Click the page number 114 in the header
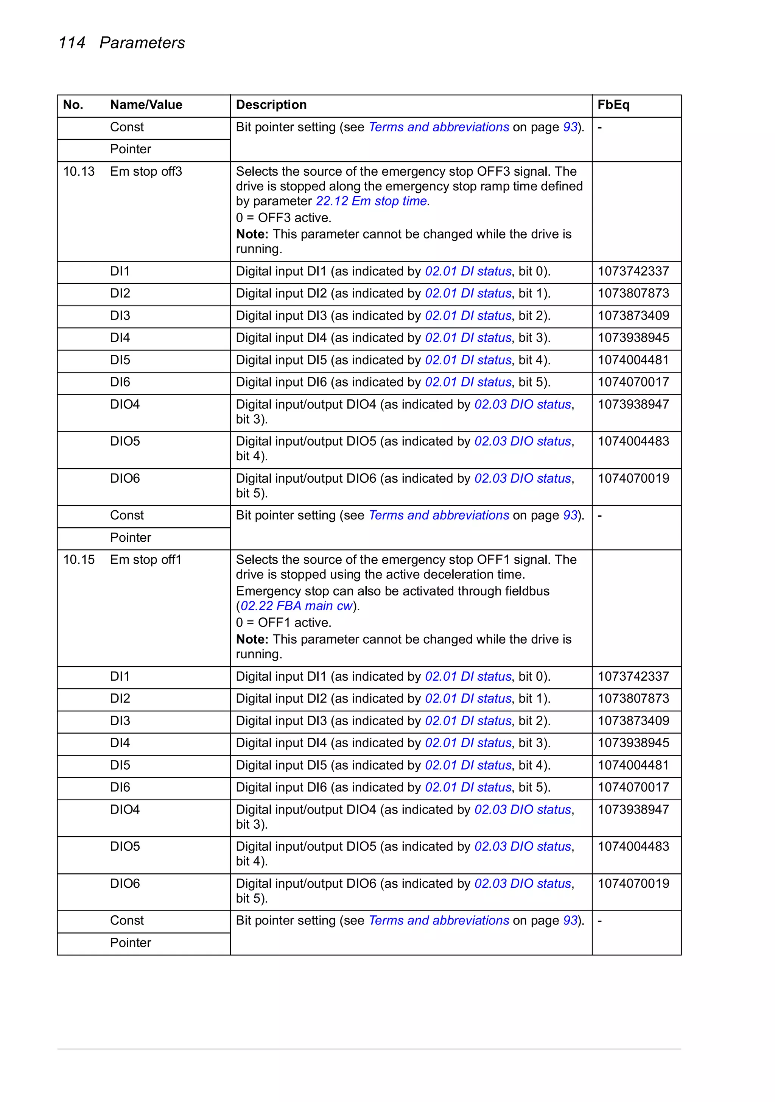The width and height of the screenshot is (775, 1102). click(72, 43)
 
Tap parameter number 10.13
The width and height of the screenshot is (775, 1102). click(79, 171)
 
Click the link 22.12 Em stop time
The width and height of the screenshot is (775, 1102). click(371, 201)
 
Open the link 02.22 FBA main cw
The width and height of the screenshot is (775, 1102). click(296, 606)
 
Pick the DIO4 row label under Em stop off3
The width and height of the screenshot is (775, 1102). click(125, 405)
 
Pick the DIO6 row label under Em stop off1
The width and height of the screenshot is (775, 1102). click(125, 884)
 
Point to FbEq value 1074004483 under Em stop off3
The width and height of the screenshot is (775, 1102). click(633, 441)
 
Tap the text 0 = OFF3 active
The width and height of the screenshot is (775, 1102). click(283, 218)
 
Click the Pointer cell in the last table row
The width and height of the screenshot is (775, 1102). click(131, 943)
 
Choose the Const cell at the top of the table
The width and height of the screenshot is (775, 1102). click(127, 127)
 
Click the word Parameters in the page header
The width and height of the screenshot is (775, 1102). click(142, 43)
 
